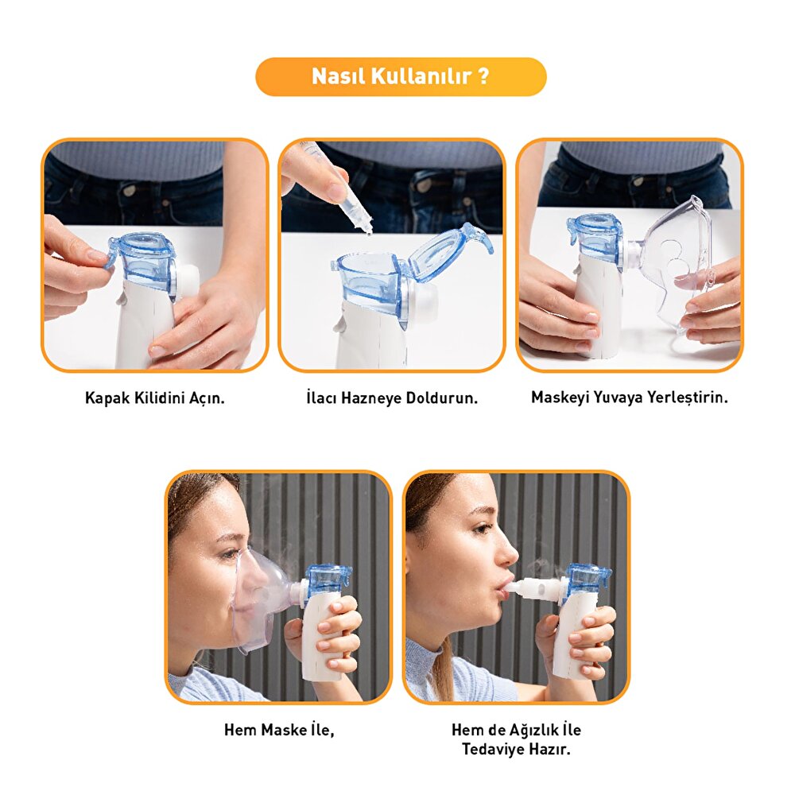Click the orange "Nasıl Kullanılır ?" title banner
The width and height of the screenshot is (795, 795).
(x=401, y=76)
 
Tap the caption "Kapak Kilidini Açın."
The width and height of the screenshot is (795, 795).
(x=155, y=398)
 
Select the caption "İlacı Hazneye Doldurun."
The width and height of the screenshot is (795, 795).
(x=392, y=398)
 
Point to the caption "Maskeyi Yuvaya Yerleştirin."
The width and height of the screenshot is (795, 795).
(x=629, y=397)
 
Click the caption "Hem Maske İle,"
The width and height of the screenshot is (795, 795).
(x=279, y=730)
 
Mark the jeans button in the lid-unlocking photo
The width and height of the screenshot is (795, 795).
(x=129, y=190)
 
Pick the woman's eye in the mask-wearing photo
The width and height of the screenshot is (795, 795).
(x=227, y=554)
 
